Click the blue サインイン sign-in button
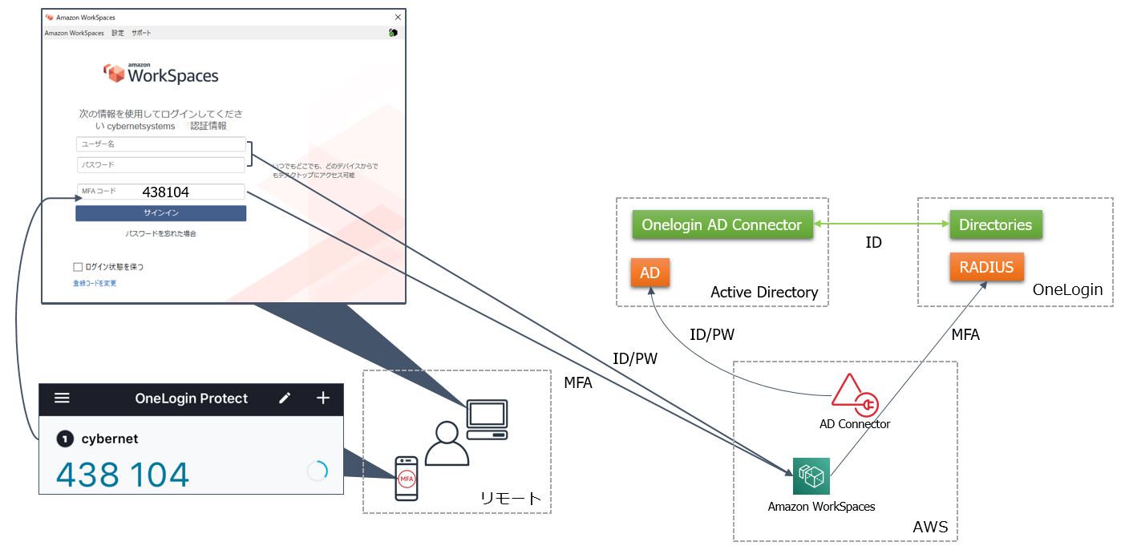[x=160, y=213]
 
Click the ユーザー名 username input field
[x=160, y=144]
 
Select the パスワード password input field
[x=160, y=165]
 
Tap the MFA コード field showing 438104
[x=160, y=192]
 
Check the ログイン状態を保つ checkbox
[x=78, y=267]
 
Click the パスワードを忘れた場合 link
[x=160, y=234]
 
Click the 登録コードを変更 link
[x=95, y=284]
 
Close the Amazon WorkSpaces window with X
[x=398, y=17]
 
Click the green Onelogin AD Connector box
[x=722, y=224]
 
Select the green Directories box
[x=995, y=224]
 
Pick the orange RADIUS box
[x=986, y=268]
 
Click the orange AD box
[x=650, y=273]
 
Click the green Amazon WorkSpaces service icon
[x=811, y=476]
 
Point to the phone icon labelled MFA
[x=407, y=478]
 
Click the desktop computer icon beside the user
[x=487, y=419]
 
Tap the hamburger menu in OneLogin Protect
[x=63, y=398]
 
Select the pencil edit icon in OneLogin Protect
[x=285, y=398]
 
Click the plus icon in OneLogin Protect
[x=323, y=398]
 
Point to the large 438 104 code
[x=123, y=475]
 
